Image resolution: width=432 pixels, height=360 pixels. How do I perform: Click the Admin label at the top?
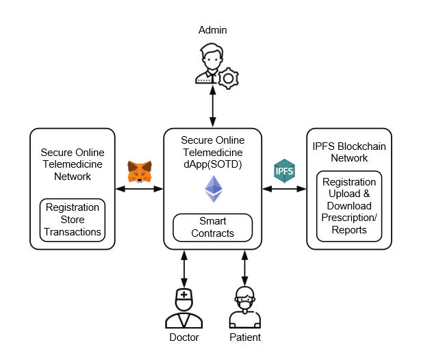[212, 30]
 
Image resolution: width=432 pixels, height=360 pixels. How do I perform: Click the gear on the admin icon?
[228, 77]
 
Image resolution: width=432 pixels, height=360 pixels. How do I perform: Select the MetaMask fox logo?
[140, 171]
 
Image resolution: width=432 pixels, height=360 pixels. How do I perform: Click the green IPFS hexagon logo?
[284, 170]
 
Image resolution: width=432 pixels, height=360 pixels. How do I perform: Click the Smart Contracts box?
[212, 227]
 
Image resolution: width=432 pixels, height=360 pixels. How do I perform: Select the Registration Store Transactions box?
[73, 220]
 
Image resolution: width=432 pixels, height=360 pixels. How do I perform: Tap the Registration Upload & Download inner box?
[348, 206]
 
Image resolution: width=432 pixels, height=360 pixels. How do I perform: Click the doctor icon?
[183, 308]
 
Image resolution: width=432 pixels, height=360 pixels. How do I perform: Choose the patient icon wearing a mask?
[244, 308]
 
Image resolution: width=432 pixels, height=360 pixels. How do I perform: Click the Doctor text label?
[183, 337]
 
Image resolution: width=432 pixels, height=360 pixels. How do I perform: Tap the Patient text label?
[244, 337]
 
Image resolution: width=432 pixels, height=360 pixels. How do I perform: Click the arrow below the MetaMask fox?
[140, 188]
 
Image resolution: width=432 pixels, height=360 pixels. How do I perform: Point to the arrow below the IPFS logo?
[284, 188]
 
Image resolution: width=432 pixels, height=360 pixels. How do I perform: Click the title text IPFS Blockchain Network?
[349, 151]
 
